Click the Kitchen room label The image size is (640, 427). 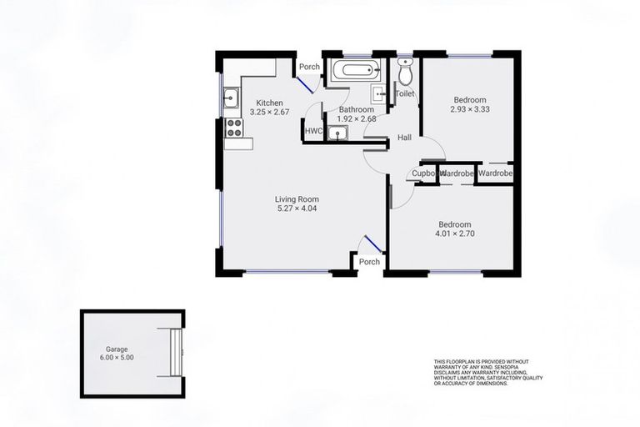269,103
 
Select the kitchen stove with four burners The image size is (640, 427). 234,128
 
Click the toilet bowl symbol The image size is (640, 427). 405,75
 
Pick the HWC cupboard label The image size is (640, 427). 313,131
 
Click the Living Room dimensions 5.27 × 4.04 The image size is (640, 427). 297,208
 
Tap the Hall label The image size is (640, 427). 405,138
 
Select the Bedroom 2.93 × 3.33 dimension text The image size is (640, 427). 469,109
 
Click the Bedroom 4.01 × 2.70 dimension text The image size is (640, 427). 455,234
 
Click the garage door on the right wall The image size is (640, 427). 175,352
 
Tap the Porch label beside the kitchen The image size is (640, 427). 310,68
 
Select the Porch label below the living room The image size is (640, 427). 369,262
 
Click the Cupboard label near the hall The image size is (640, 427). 424,173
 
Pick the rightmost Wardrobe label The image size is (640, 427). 497,173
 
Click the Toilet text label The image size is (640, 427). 404,94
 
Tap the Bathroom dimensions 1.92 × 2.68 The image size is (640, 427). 357,118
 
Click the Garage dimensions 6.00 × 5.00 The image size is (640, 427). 117,358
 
